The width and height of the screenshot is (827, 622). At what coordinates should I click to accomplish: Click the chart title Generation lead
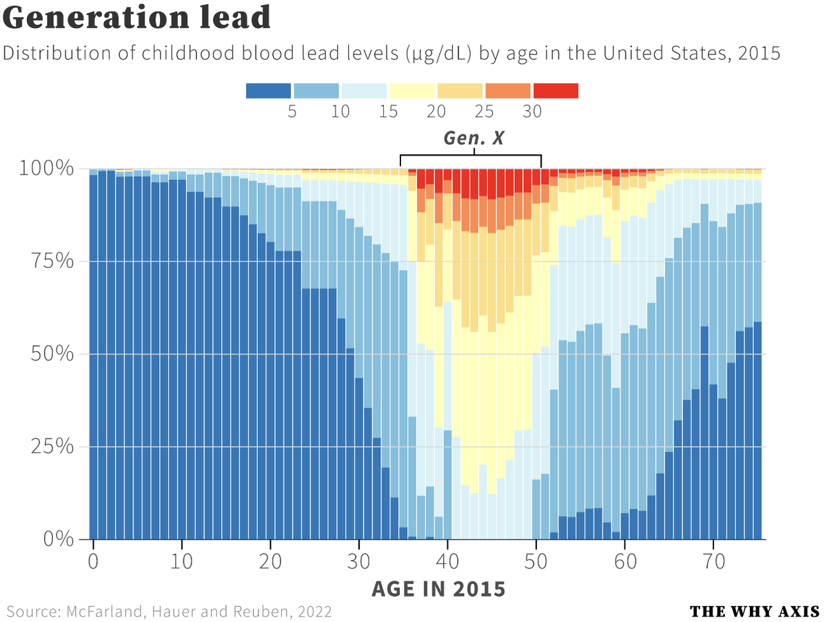pos(136,19)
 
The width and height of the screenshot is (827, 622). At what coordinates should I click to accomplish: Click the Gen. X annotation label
pos(473,138)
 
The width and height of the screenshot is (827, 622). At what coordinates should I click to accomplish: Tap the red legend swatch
pos(555,91)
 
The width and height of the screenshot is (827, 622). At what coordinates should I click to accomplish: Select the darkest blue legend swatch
pos(268,91)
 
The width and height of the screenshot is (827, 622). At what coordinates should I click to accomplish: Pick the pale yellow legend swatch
pos(412,91)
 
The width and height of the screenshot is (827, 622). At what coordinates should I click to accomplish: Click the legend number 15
pos(388,112)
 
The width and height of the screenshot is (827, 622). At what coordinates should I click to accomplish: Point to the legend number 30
pos(532,112)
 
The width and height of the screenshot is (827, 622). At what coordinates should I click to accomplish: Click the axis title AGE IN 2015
pos(438,589)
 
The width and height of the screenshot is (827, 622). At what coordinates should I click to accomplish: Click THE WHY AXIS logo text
pos(754,612)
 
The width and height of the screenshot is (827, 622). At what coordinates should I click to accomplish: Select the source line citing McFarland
pos(170,612)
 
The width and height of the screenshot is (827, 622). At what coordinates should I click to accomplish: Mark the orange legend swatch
pos(508,91)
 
